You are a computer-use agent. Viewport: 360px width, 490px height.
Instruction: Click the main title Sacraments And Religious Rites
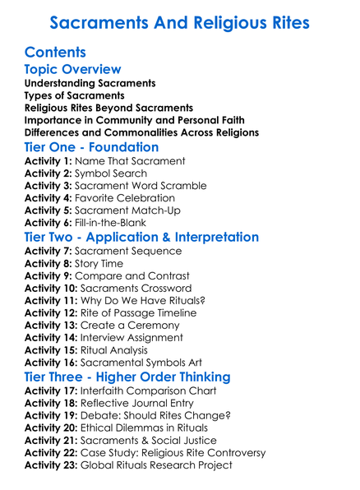pos(179,22)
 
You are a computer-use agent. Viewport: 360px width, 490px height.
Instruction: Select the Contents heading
pos(56,52)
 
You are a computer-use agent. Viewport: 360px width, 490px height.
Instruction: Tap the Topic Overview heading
pos(73,69)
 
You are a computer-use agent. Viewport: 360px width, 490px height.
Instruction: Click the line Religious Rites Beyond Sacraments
pos(108,108)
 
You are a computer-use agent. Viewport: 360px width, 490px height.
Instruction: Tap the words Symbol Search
pos(112,173)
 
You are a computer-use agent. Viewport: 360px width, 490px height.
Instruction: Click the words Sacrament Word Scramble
pos(141,186)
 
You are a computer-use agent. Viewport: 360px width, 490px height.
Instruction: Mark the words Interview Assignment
pos(134,337)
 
